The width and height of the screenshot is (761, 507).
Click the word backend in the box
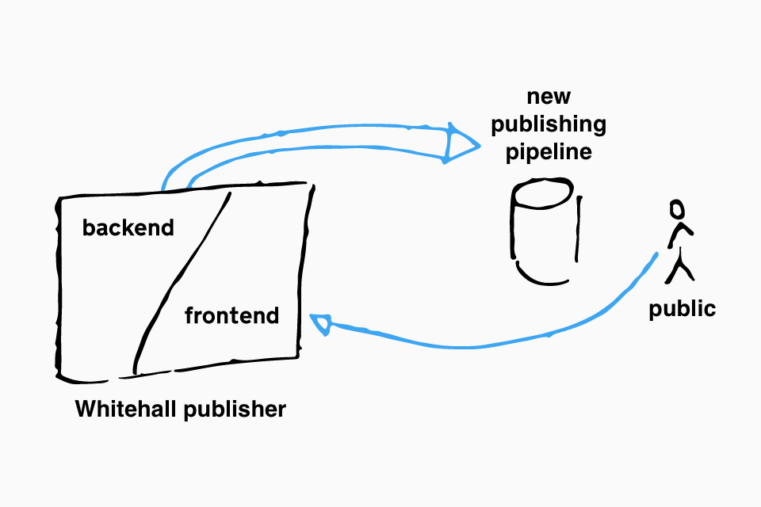tap(128, 227)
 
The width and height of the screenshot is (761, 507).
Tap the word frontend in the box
tap(232, 315)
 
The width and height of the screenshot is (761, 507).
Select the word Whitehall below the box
tap(125, 409)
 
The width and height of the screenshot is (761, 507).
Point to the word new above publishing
tap(549, 97)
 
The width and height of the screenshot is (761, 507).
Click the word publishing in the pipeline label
tap(549, 124)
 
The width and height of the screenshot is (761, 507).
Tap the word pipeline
tap(549, 152)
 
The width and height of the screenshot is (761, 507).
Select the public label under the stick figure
tap(682, 310)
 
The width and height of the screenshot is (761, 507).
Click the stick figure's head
tap(677, 210)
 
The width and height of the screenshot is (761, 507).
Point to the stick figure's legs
tap(679, 266)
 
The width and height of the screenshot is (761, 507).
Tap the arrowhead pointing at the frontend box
tap(321, 323)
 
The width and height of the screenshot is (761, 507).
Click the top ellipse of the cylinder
tap(542, 193)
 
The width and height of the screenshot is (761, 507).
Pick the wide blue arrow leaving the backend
tap(311, 137)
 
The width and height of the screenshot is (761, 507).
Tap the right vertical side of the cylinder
tap(578, 229)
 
